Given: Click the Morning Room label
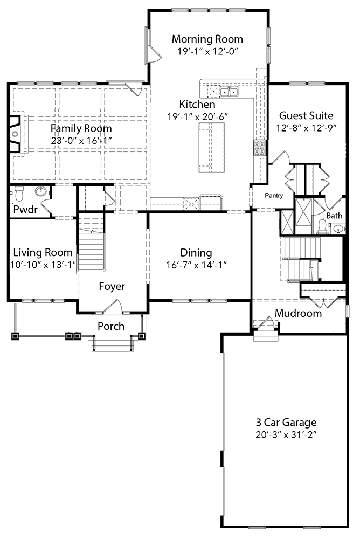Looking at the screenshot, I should [207, 39].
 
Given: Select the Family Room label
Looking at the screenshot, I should [81, 128].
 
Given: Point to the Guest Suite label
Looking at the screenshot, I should [306, 115].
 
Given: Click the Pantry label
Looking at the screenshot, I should [274, 196].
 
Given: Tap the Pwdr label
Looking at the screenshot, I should [25, 210].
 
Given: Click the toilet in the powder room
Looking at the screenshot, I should [19, 192].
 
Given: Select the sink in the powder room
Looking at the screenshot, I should [40, 191].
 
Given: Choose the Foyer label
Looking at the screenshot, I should [112, 286].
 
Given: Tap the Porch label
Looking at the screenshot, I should [111, 326].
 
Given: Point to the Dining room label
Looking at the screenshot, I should [196, 253].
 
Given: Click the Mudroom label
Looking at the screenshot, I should [298, 313].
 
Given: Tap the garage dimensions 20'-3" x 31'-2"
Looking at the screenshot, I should [286, 434].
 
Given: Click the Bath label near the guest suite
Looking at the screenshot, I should [334, 216].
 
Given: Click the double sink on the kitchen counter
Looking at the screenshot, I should [228, 92].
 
